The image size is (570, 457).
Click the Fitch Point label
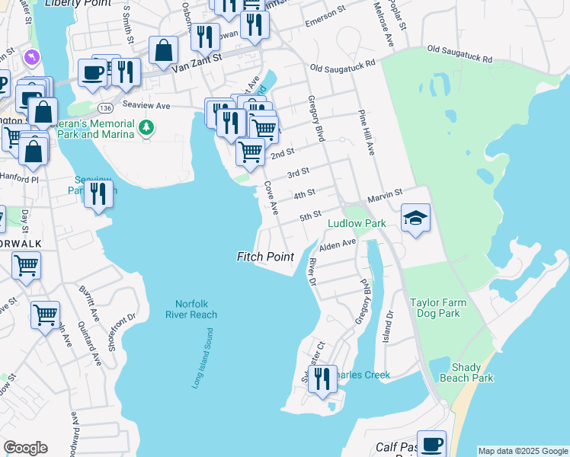pos(265,257)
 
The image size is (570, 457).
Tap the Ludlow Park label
pos(357,223)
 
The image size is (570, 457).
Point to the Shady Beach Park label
pos(472,372)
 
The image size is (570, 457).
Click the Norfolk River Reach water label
pos(191,308)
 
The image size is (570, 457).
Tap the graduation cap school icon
pos(415,218)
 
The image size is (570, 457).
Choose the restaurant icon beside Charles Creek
pos(322,378)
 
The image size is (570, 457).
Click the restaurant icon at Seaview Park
pos(98,193)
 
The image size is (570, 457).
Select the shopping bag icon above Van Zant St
pos(163,51)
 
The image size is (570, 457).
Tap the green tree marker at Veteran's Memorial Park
pos(146,129)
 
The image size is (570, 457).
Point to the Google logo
pos(25,448)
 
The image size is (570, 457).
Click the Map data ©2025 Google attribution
pos(523,451)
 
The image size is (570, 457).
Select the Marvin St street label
pos(385,198)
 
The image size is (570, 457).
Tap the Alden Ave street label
pos(338,244)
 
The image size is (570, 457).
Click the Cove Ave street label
pos(271,197)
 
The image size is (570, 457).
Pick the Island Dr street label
pos(389,324)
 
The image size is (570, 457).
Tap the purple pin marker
pos(31,57)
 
